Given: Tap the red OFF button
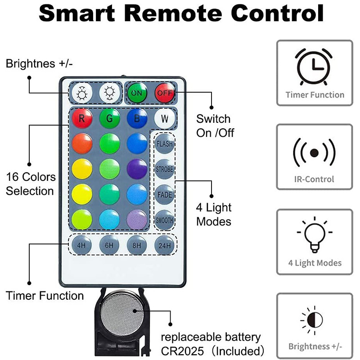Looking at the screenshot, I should click(165, 93).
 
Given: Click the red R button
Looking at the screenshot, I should click(82, 119).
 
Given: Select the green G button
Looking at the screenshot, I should click(109, 119).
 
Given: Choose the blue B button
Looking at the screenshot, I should click(137, 119).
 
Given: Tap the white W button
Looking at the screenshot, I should click(164, 119).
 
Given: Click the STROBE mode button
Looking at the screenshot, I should click(164, 170).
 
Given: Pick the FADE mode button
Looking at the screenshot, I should click(164, 195).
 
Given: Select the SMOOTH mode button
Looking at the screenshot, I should click(164, 220).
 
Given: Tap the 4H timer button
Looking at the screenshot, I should click(82, 246).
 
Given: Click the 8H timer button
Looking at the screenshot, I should click(137, 246).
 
